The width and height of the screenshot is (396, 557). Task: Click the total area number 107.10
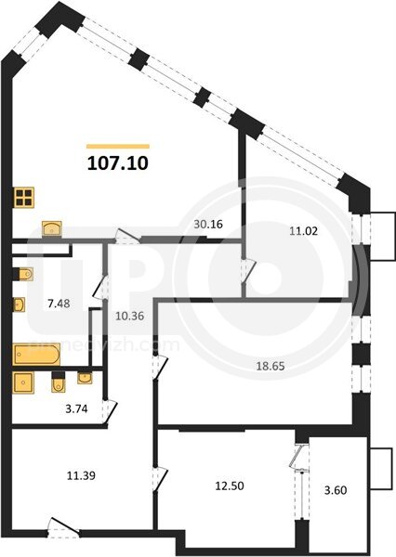click(118, 163)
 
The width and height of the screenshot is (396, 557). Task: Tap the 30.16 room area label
click(208, 224)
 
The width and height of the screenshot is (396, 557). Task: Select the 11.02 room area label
click(303, 231)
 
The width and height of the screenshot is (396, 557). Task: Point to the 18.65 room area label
click(271, 366)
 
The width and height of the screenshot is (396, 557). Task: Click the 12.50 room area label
click(230, 486)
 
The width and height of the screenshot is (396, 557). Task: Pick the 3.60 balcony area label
click(336, 490)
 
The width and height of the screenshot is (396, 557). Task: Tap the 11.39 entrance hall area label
click(81, 475)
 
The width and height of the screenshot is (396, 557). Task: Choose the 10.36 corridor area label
click(130, 316)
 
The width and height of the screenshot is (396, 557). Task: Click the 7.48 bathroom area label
click(59, 304)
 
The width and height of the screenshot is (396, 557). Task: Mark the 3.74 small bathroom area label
click(76, 408)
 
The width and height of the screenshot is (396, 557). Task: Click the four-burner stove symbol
click(24, 198)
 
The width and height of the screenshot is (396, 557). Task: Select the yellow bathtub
click(36, 355)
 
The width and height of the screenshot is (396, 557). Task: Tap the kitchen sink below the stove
click(52, 228)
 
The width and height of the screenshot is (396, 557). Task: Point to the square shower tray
click(23, 382)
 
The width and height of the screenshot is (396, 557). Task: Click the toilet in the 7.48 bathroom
click(23, 274)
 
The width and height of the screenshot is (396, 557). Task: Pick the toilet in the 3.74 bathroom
click(59, 382)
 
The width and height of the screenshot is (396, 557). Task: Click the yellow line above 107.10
click(118, 146)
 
